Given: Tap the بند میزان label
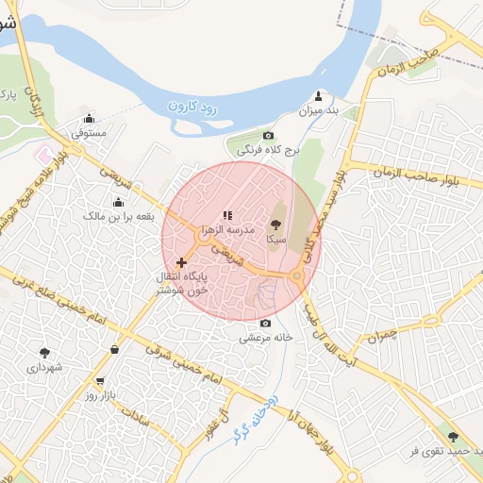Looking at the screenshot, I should pos(318,111).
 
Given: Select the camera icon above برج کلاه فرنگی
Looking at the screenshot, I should pos(268,136).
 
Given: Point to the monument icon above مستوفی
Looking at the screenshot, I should pos(90,119).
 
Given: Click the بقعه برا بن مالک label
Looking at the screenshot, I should pos(118,217).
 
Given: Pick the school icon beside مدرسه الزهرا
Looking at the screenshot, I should pos(226,216).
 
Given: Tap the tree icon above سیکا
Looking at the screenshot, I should pos(275,225).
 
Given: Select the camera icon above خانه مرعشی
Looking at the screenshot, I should pos(264,323).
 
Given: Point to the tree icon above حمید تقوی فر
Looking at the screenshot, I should pos(453,437).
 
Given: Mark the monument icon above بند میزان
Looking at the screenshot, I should pos(318,95).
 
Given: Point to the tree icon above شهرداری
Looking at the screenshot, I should pos(44,351).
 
